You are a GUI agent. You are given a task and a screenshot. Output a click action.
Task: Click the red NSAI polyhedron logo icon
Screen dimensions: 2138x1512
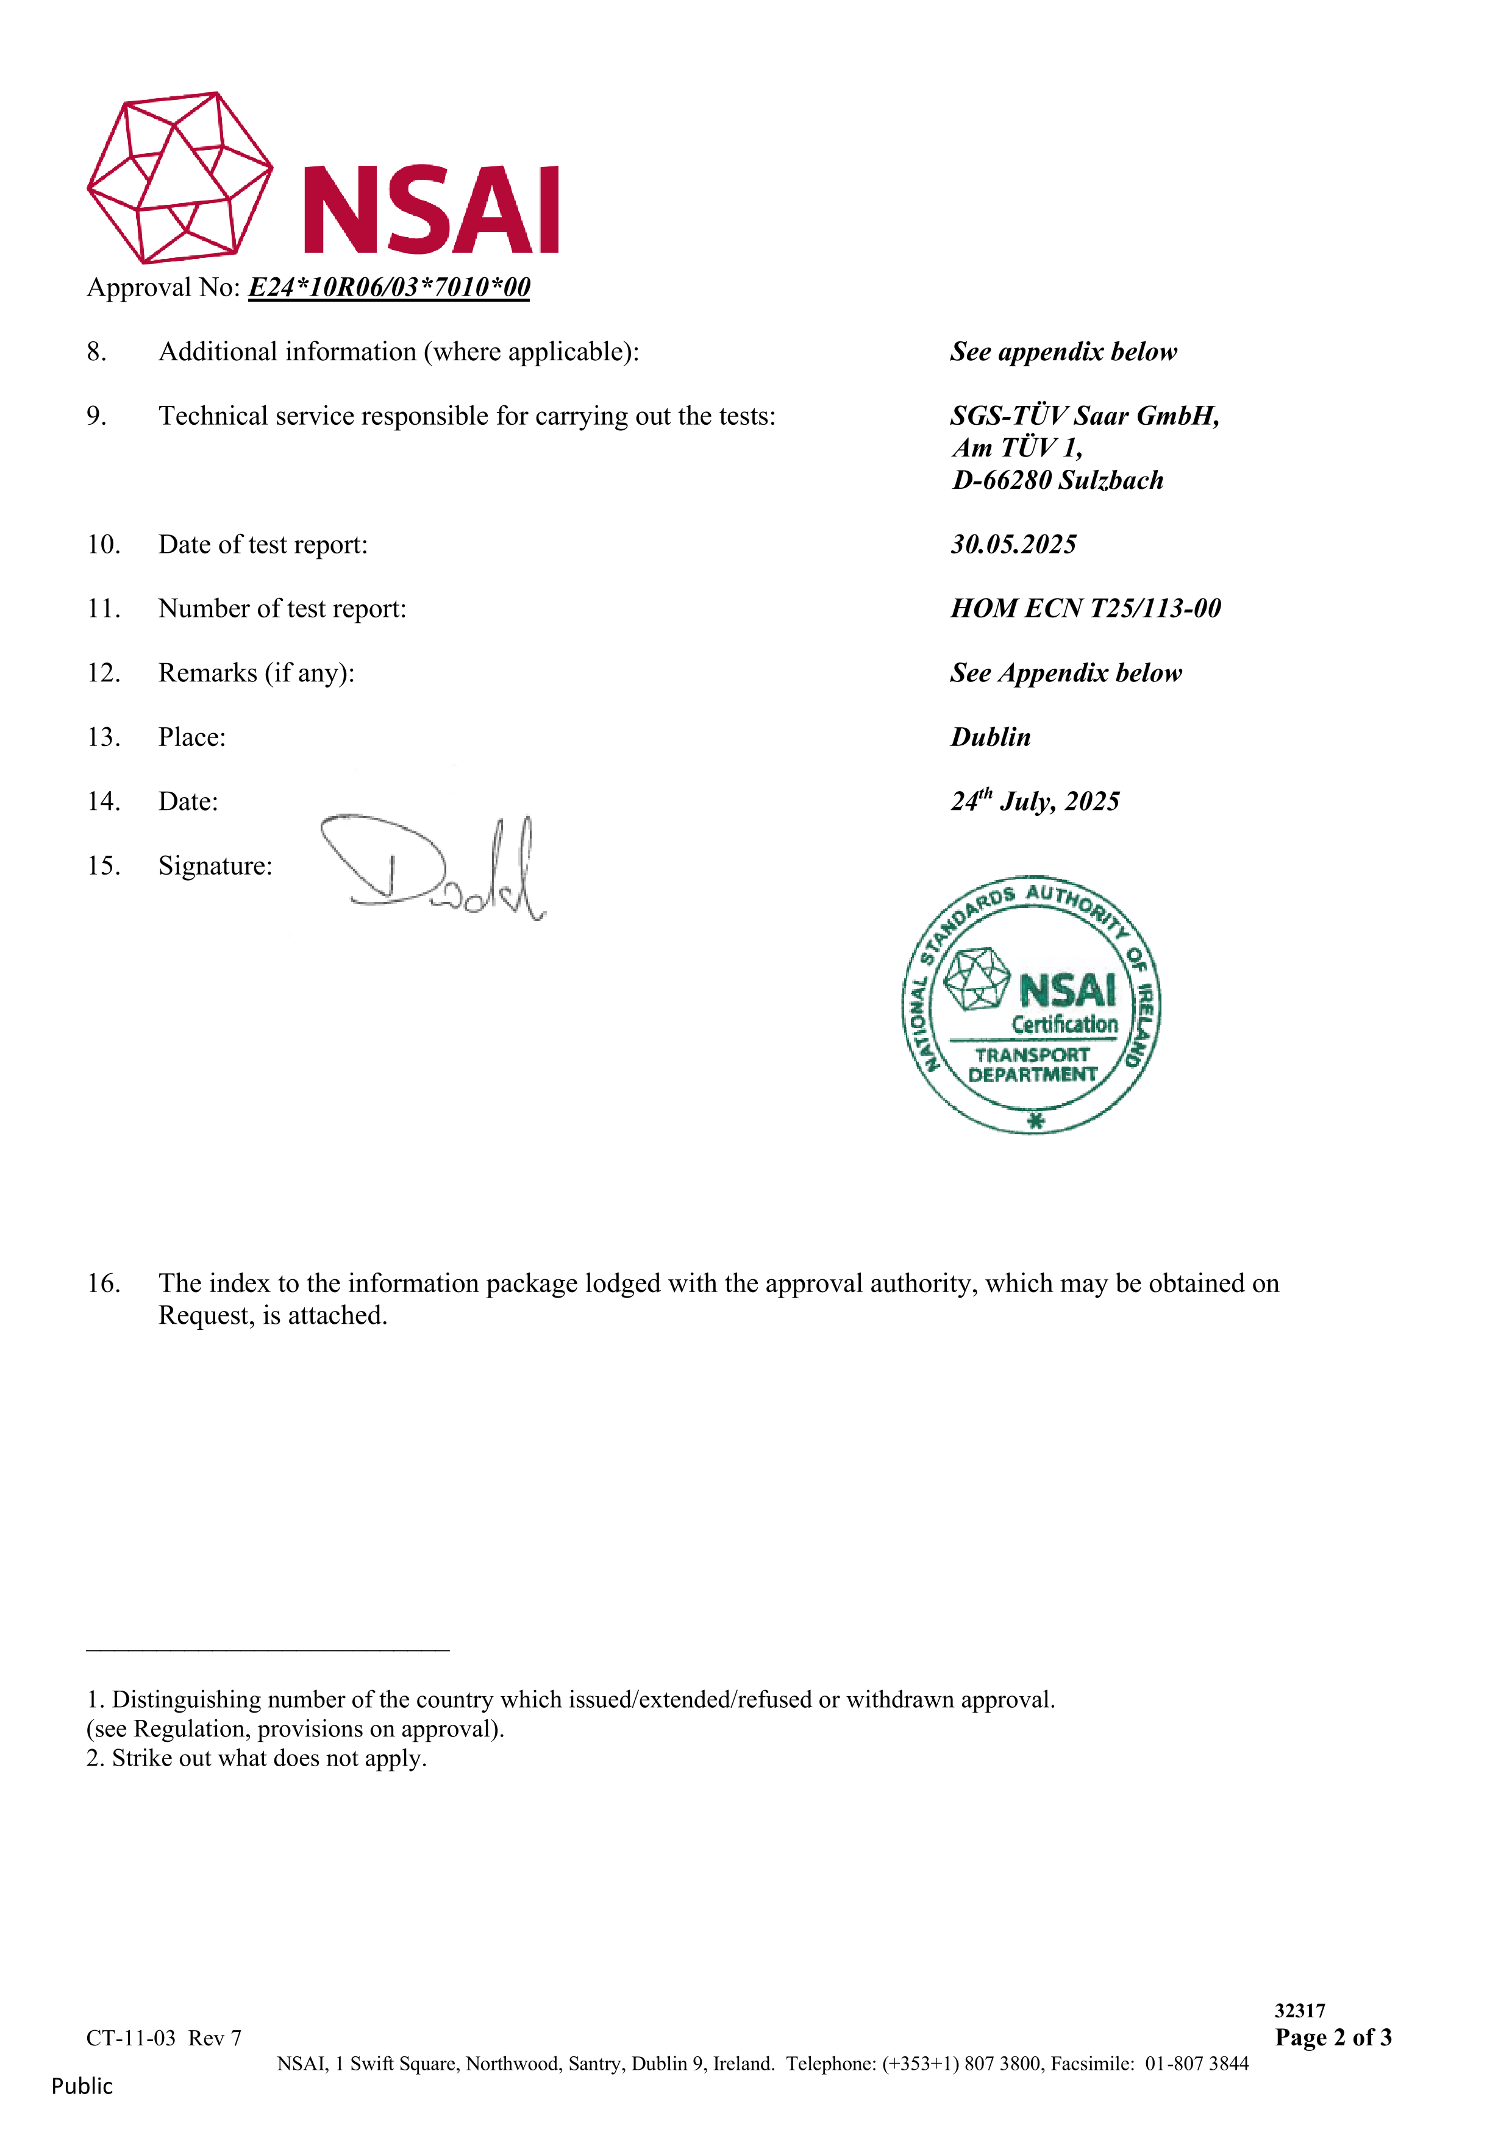tap(180, 177)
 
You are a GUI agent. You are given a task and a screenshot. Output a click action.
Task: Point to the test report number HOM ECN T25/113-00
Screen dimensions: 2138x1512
tap(1085, 609)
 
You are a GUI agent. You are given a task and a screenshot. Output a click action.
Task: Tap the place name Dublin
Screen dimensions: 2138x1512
tap(990, 737)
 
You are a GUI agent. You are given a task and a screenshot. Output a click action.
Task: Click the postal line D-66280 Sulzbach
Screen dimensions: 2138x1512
tap(1057, 480)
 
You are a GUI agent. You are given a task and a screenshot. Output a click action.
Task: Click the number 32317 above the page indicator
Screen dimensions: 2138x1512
tap(1300, 2011)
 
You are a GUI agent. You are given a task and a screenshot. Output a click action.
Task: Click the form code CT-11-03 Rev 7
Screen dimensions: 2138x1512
tap(164, 2039)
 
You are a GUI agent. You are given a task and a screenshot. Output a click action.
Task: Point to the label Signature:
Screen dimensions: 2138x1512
tap(215, 866)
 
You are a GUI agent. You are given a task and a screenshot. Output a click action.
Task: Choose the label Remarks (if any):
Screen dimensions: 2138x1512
tap(256, 673)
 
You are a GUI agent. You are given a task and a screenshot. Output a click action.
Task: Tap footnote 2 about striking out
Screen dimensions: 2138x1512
tap(257, 1758)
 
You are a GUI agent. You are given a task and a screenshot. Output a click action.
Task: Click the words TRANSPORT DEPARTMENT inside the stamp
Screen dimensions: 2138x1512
tap(1032, 1064)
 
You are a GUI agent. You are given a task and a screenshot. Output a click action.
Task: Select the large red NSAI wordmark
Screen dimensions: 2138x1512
tap(431, 210)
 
